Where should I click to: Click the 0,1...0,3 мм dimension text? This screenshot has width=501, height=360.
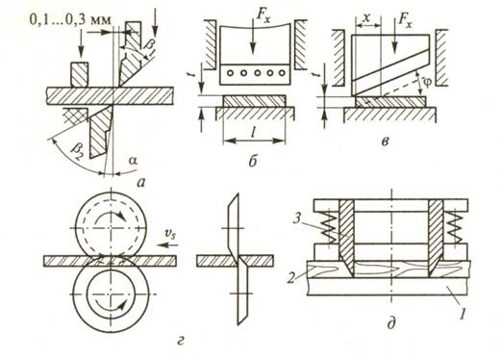pos(71,19)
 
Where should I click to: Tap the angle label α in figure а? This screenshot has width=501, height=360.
pos(134,161)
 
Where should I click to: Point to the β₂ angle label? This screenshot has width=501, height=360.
pos(77,152)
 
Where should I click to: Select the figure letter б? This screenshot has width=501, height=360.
pos(253,162)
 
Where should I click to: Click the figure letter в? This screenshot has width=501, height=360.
pos(386,141)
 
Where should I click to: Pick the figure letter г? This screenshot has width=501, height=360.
pos(181,342)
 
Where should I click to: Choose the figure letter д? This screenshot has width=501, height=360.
pos(391,323)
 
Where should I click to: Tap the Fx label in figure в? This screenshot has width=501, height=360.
pos(405,21)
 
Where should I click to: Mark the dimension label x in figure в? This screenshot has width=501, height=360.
pos(367,17)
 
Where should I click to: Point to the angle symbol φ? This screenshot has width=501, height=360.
pos(427,82)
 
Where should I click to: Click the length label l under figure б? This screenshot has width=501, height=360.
pos(254,133)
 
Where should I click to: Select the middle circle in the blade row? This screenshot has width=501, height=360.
pos(257,73)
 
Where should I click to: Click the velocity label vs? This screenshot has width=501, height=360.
pos(169,237)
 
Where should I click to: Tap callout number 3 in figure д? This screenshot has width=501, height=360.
pos(296,219)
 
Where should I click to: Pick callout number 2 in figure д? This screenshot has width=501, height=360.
pos(291,278)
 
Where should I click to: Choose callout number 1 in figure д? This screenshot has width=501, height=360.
pos(462,312)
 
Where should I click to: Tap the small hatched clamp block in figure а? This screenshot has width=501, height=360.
pos(79,75)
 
